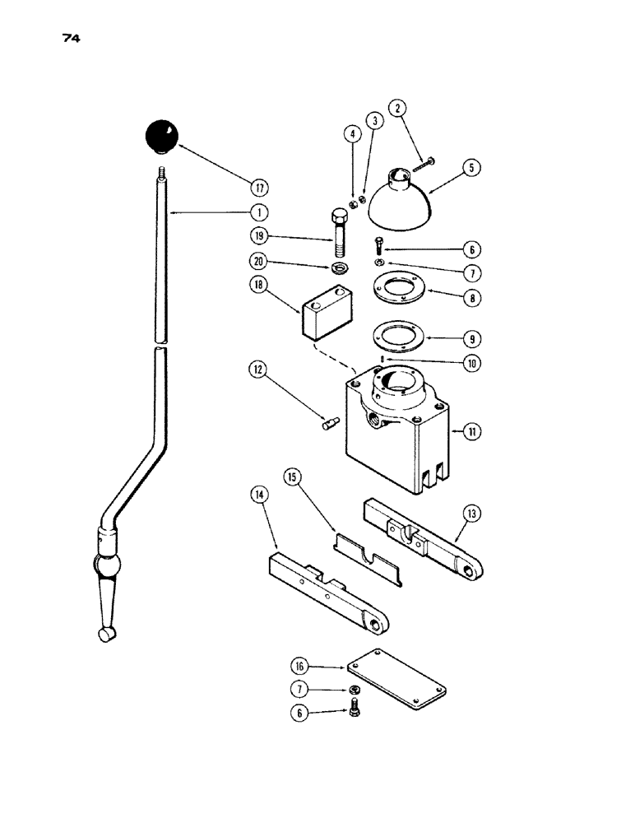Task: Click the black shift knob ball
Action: pos(162,136)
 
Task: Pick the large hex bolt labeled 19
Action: pos(339,235)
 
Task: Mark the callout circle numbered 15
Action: pos(292,477)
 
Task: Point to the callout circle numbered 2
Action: pos(397,108)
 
